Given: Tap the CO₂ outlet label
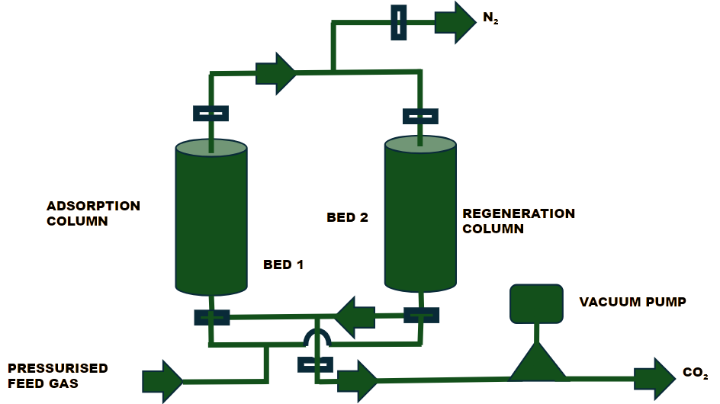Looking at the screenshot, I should (696, 374).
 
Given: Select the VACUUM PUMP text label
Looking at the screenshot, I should (632, 302).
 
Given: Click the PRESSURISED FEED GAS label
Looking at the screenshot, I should (57, 376).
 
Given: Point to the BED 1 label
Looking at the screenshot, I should (284, 265).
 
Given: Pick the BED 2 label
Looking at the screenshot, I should (347, 217).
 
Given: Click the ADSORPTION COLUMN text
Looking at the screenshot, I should (93, 213).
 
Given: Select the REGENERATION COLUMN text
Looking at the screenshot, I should (519, 220).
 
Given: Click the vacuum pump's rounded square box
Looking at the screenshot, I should (535, 303).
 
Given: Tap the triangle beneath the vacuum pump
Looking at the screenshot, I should (538, 361).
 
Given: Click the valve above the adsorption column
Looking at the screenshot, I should (211, 114).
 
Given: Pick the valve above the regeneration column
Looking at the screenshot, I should (420, 116).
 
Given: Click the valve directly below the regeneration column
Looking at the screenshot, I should (420, 315).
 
